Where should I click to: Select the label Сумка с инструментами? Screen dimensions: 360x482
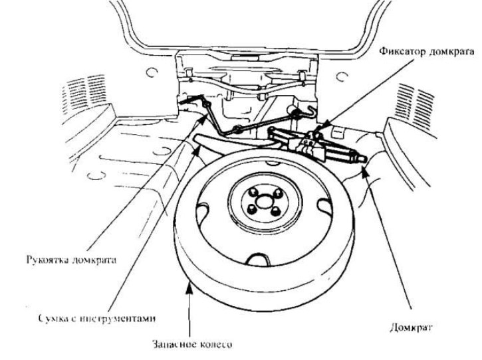(97, 318)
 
